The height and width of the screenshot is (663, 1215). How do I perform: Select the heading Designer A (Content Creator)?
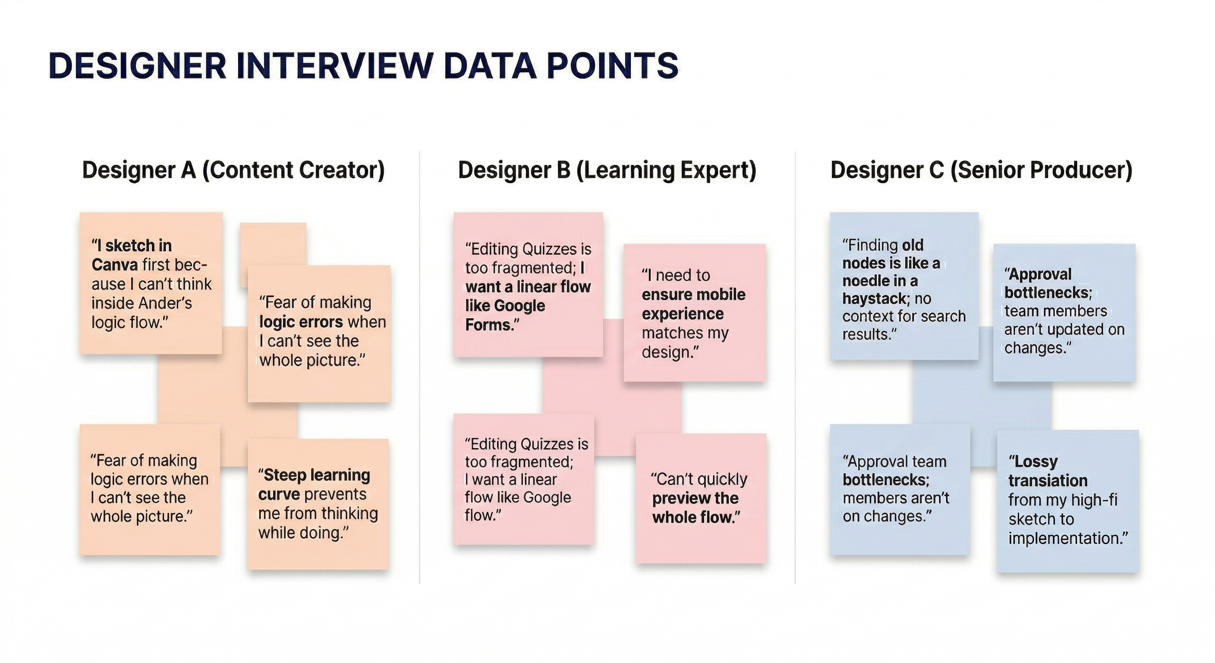click(x=233, y=170)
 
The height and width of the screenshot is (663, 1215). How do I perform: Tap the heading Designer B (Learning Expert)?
click(x=607, y=170)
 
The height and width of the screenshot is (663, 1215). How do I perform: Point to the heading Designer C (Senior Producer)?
click(x=981, y=170)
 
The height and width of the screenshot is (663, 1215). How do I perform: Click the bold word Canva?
click(x=115, y=265)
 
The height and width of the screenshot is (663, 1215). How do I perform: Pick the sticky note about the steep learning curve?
click(x=318, y=504)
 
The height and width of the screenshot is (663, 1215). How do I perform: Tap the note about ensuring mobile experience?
click(x=694, y=313)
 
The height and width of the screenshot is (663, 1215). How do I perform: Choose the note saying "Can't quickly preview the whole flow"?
click(x=701, y=498)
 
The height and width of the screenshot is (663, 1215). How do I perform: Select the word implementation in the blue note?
click(x=1067, y=539)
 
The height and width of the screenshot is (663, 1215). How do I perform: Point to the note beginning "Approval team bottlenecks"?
click(x=900, y=489)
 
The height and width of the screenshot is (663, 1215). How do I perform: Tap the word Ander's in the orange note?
click(x=166, y=303)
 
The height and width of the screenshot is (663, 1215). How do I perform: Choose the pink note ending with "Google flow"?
click(x=523, y=479)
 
